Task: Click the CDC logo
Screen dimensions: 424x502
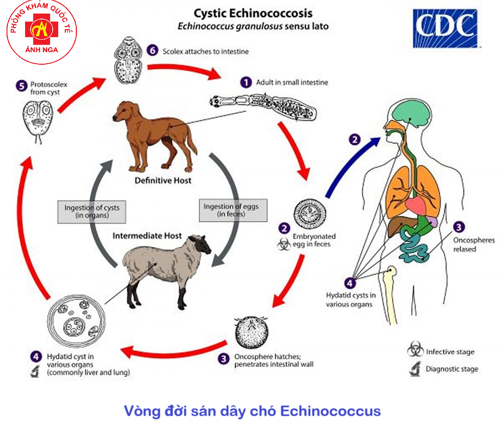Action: [x=445, y=29]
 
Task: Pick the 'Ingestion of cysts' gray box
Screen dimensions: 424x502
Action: [x=92, y=211]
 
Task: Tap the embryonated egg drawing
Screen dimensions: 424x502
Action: [x=308, y=213]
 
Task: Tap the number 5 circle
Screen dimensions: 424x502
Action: [x=21, y=85]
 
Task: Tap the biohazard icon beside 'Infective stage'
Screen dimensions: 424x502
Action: [x=415, y=350]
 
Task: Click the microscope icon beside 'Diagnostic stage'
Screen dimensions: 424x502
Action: [x=415, y=369]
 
